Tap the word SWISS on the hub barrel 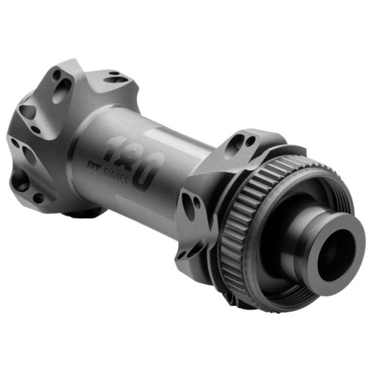(x=116, y=175)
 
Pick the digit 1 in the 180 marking (x=111, y=147)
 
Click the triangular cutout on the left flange (x=27, y=111)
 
